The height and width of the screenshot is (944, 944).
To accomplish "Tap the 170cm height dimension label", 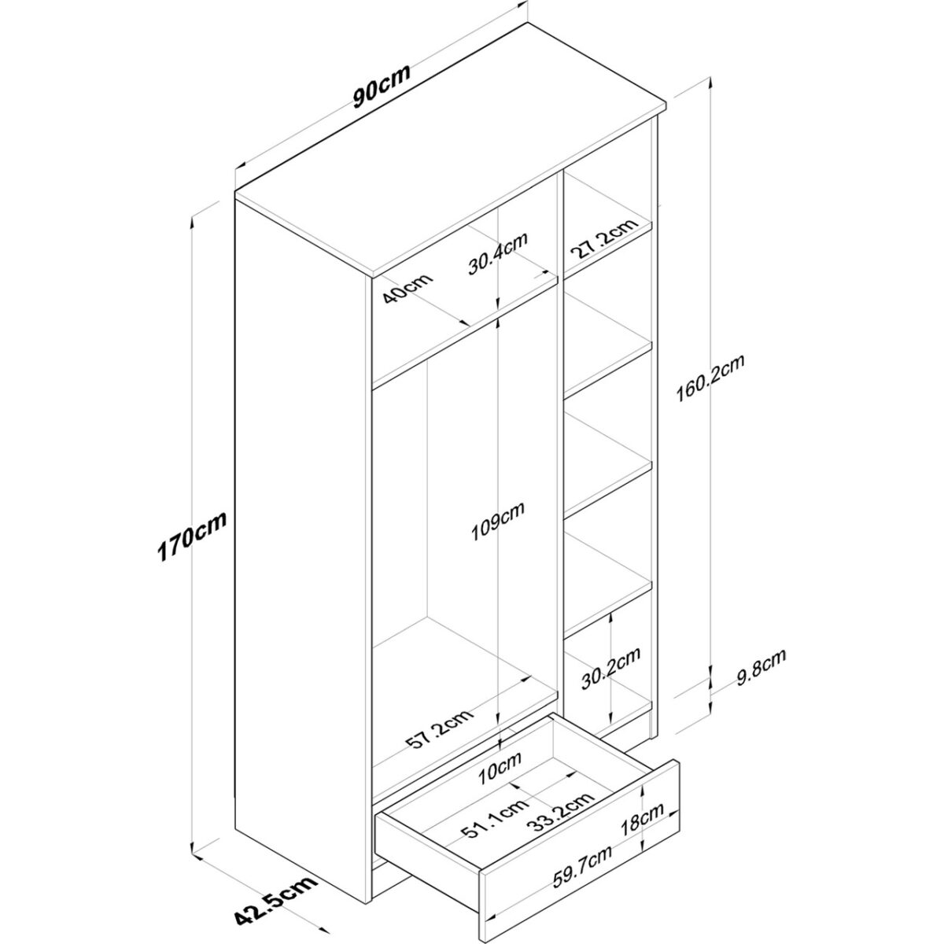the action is click(x=192, y=537).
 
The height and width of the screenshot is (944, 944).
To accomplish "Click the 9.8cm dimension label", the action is click(x=761, y=667).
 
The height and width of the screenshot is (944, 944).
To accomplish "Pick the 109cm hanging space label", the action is click(x=498, y=522).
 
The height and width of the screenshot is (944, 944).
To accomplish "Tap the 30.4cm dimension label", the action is click(x=497, y=253).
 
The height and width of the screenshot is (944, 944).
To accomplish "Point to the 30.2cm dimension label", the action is click(x=611, y=668).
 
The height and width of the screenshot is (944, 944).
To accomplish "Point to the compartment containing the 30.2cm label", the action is click(x=607, y=669).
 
